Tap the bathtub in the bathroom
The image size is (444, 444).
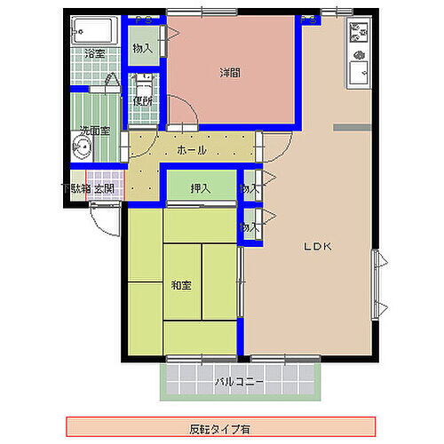click(94, 33)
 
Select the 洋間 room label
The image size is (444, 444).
click(231, 73)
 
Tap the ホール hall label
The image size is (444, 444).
click(192, 150)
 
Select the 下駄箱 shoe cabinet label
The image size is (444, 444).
click(75, 188)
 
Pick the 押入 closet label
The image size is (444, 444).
click(200, 188)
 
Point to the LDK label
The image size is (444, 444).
click(318, 246)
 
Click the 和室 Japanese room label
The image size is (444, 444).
click(182, 285)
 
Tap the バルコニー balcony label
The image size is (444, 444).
click(238, 383)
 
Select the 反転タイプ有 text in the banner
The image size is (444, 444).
click(221, 425)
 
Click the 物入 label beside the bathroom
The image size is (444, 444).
click(142, 48)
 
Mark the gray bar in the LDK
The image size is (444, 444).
click(353, 130)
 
